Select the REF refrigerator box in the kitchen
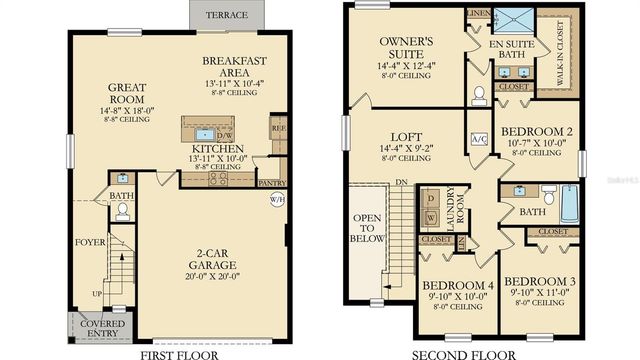click(278, 129)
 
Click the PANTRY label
click(271, 183)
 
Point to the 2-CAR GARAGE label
click(212, 257)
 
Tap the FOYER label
click(89, 243)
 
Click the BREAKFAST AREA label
click(231, 64)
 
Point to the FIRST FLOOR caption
click(180, 352)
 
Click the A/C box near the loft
click(478, 139)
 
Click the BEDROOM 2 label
click(536, 131)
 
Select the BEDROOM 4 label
click(457, 286)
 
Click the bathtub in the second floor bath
click(569, 205)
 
